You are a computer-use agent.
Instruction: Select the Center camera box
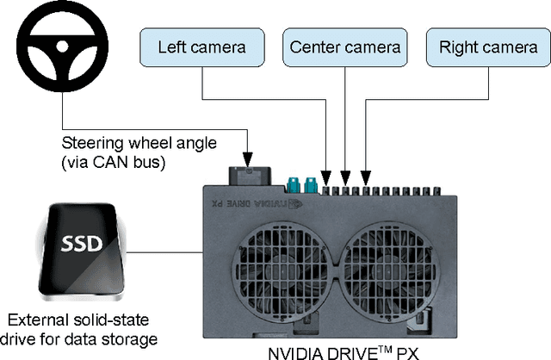click(x=345, y=46)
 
